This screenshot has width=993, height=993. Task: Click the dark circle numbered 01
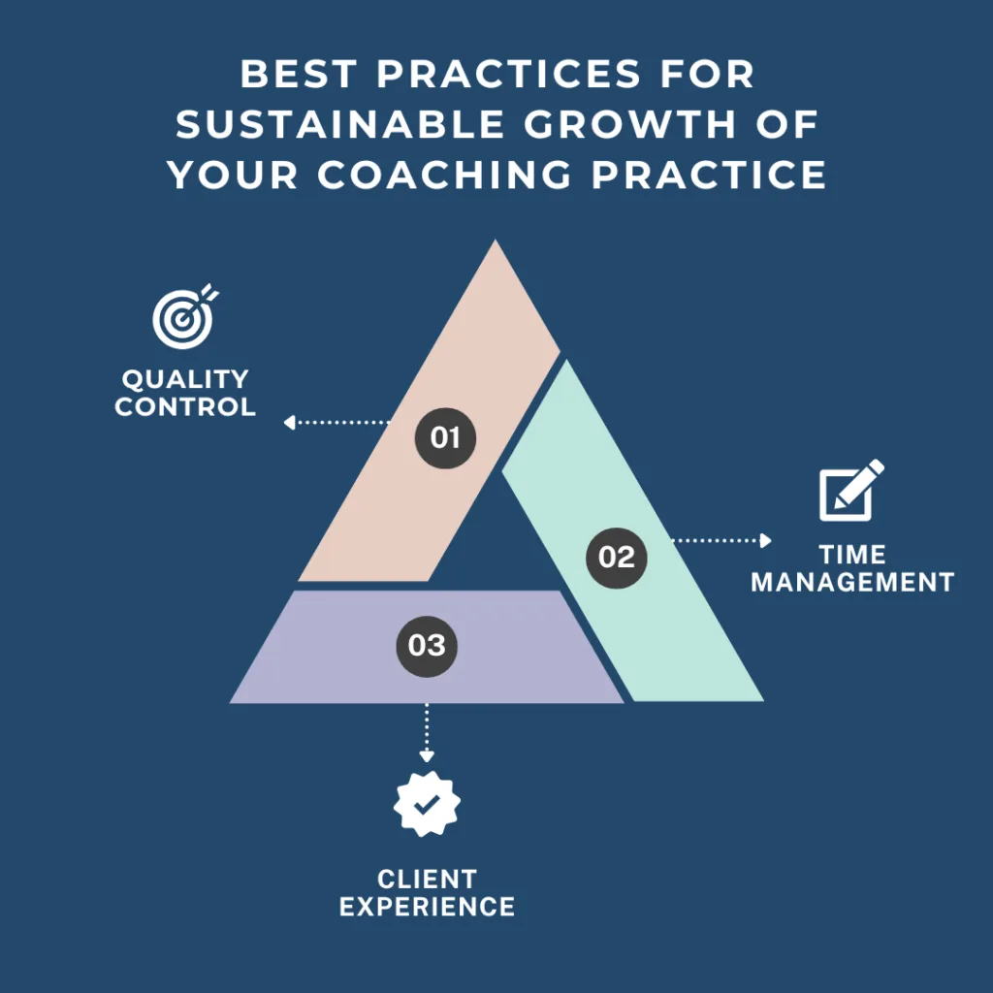click(x=445, y=437)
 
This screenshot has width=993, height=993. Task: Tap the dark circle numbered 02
click(x=617, y=557)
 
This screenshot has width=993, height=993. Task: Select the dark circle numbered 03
click(x=427, y=645)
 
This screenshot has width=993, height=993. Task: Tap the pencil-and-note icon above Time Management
click(x=851, y=491)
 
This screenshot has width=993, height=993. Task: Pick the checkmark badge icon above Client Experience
click(x=427, y=803)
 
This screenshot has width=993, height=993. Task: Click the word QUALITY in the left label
click(x=185, y=379)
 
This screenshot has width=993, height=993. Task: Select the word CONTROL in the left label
click(x=185, y=406)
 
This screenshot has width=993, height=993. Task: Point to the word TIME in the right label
click(x=852, y=555)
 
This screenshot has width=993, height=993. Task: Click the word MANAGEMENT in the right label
click(x=852, y=582)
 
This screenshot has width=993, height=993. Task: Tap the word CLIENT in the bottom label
click(x=427, y=880)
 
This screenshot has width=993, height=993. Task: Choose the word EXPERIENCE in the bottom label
click(x=427, y=907)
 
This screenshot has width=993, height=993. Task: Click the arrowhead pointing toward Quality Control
click(x=288, y=423)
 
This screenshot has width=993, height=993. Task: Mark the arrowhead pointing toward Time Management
click(x=766, y=540)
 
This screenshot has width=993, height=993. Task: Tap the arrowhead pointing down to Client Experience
click(x=426, y=755)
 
